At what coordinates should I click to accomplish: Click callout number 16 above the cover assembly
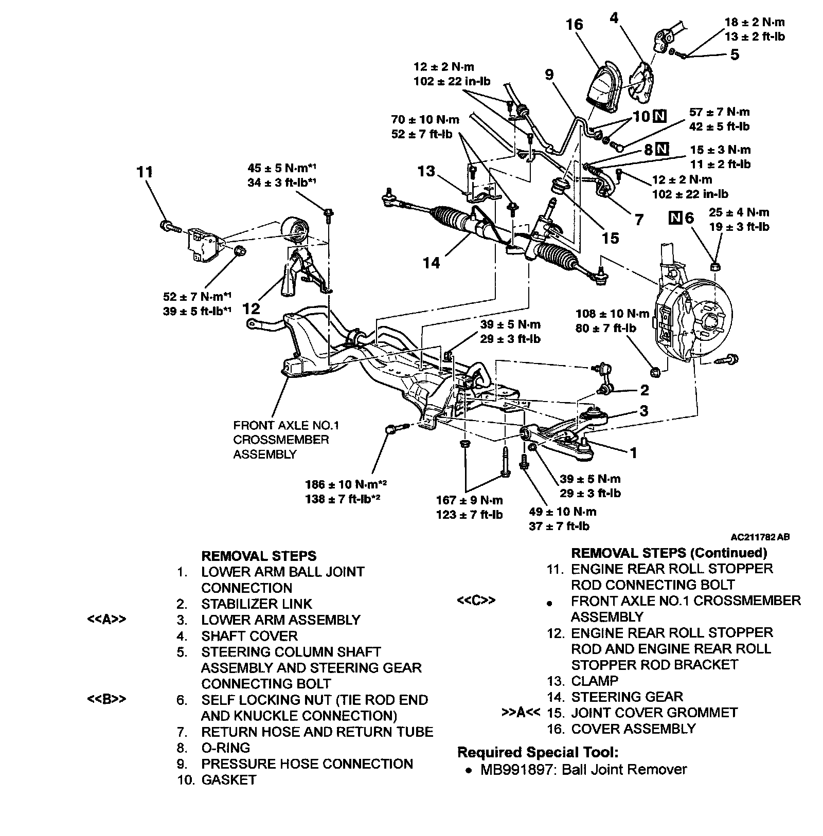click(575, 25)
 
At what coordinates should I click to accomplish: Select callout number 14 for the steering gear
click(432, 263)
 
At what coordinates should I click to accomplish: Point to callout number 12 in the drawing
click(251, 308)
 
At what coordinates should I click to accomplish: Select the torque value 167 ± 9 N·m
click(469, 500)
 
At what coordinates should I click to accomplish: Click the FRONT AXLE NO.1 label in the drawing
click(286, 426)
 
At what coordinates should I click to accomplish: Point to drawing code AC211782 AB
click(760, 537)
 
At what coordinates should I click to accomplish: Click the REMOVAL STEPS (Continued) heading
click(669, 553)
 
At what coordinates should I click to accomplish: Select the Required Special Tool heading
click(538, 753)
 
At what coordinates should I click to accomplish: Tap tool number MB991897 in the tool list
click(514, 770)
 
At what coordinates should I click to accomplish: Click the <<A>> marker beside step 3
click(106, 620)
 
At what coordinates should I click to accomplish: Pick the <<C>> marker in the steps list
click(476, 601)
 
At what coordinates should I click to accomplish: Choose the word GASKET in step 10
click(228, 780)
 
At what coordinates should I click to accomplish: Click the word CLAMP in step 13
click(595, 681)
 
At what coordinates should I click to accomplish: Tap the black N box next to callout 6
click(675, 217)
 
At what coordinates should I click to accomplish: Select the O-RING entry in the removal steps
click(225, 748)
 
